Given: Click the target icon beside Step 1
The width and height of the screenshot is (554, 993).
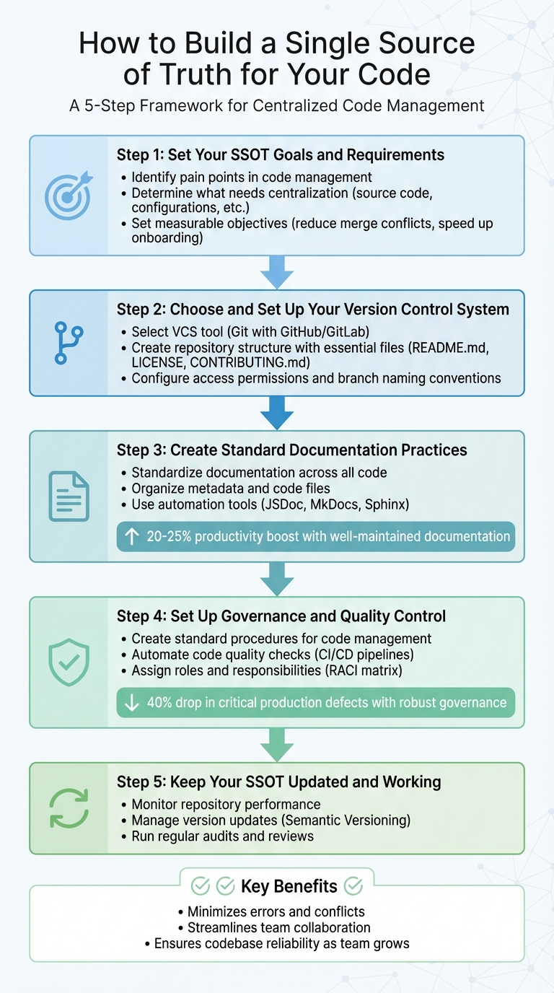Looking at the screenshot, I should (x=68, y=196).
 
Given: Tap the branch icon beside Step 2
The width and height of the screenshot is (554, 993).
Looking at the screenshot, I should (x=69, y=344).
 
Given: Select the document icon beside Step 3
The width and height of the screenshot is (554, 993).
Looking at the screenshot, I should (x=69, y=496).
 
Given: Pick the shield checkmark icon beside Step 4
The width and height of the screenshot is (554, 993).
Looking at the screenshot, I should (x=69, y=662).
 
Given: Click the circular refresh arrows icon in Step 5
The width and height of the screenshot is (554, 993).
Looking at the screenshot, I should (x=69, y=808).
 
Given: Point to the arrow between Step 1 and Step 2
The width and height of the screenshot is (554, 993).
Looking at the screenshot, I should (x=277, y=273).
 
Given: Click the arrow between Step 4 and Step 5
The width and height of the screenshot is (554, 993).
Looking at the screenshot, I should (x=277, y=745).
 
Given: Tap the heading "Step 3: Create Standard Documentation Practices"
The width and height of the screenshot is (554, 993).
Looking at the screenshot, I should (x=291, y=450).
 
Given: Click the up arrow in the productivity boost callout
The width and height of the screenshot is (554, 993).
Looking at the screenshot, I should (x=132, y=536).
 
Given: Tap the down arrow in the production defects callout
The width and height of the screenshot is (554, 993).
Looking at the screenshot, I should (x=132, y=702).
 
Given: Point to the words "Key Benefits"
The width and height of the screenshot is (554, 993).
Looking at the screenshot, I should (x=289, y=886).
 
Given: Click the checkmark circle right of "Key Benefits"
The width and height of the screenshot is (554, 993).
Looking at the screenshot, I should (x=353, y=886).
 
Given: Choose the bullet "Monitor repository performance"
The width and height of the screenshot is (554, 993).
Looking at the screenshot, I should (x=226, y=804).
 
